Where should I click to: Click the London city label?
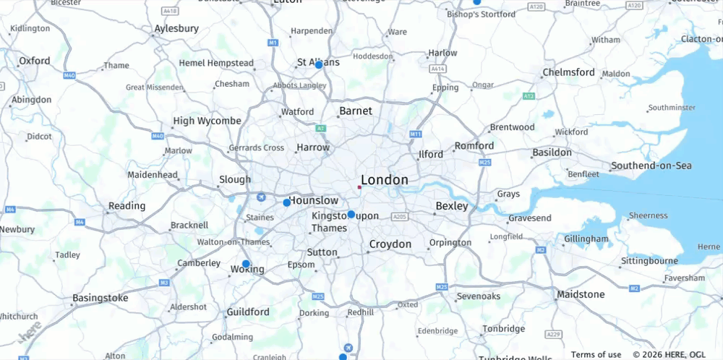384,180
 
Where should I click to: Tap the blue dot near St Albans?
318,65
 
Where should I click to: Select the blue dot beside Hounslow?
286,203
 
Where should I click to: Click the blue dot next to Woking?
246,264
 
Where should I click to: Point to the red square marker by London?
359,187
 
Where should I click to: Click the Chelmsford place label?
568,72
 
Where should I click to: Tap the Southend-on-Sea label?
651,166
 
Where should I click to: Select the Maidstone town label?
581,294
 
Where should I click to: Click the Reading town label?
127,206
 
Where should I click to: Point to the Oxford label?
34,61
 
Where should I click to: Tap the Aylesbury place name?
176,29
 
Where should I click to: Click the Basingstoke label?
100,298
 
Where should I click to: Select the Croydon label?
390,244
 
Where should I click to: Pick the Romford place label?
474,145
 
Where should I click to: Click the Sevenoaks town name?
478,296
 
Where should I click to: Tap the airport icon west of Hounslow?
261,197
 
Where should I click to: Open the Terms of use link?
596,354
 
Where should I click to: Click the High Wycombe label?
207,121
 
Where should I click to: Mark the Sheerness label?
648,215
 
